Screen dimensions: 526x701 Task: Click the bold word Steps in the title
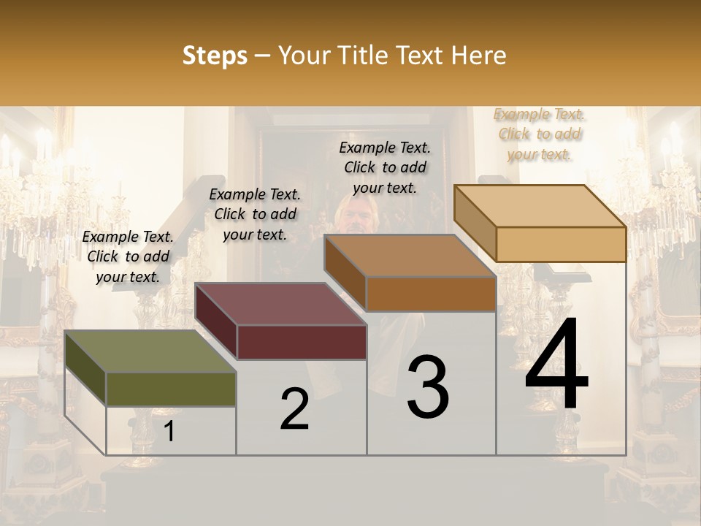(x=214, y=56)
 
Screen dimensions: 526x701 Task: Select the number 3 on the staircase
(x=428, y=386)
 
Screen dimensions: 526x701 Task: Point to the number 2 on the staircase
(x=294, y=409)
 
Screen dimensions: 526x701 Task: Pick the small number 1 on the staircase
(x=169, y=431)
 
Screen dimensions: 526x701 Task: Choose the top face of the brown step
(x=410, y=256)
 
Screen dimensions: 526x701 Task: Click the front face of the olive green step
(x=171, y=389)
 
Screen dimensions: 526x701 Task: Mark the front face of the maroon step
(x=302, y=342)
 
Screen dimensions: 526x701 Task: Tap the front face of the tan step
(x=561, y=244)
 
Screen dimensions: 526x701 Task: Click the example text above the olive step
(x=128, y=256)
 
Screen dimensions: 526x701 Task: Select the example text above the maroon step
(x=255, y=214)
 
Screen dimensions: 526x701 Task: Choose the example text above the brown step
(x=385, y=167)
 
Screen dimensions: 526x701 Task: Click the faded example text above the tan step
(x=540, y=134)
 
